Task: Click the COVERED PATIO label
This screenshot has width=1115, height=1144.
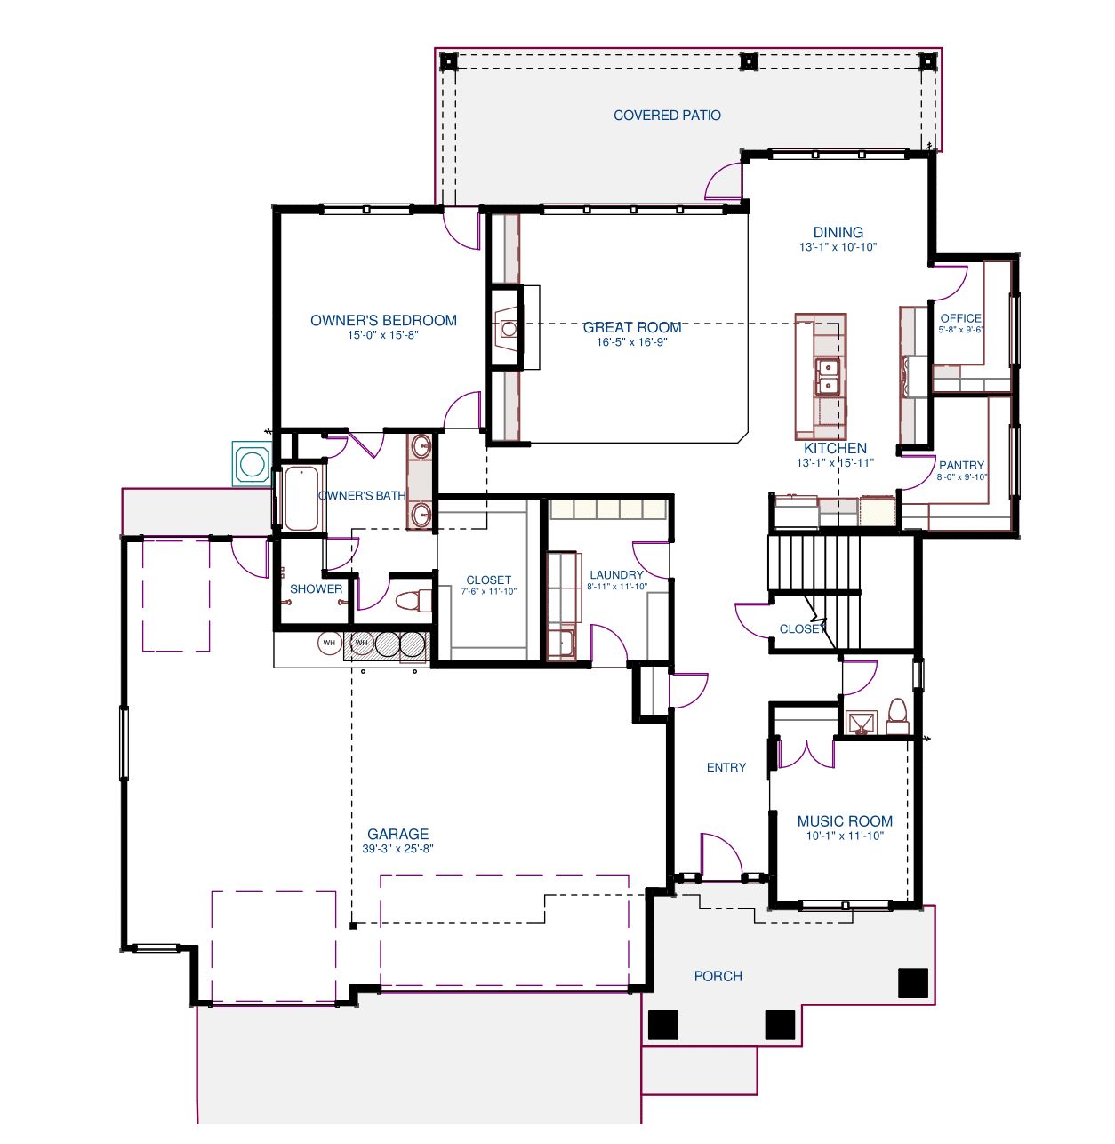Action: (667, 116)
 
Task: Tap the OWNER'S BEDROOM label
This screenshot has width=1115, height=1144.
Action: (383, 320)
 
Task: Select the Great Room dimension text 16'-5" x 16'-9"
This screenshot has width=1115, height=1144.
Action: (631, 342)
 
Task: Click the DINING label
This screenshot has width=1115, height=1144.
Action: (838, 232)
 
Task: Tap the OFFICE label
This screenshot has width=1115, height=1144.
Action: (960, 318)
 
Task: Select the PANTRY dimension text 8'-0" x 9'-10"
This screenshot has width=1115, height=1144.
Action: (962, 476)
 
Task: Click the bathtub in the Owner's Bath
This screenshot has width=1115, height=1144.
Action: (301, 499)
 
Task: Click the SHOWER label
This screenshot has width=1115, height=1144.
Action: (316, 588)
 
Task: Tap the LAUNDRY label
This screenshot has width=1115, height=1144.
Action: (616, 574)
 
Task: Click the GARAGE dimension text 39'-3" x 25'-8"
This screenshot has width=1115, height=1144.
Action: (398, 848)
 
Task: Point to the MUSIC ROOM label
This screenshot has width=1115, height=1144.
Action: (845, 821)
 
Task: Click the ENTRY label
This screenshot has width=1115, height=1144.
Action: (726, 767)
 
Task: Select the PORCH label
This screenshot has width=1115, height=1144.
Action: (718, 977)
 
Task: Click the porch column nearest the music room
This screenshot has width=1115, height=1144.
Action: (913, 983)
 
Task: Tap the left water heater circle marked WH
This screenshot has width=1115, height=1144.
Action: (329, 643)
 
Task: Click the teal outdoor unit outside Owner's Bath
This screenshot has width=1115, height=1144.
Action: (252, 464)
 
